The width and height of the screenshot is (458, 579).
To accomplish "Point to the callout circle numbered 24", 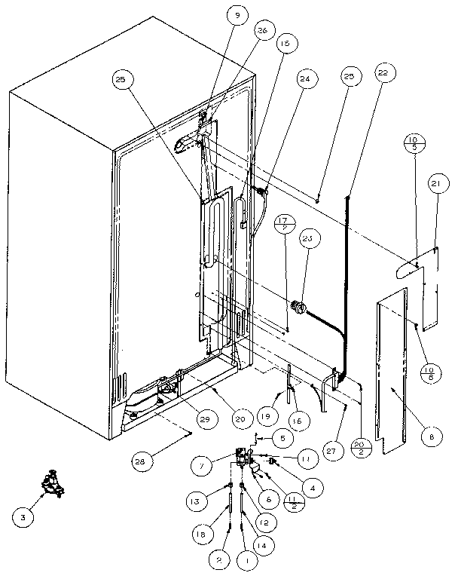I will tap(305, 78).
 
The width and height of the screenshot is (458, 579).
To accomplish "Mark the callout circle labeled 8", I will tap(430, 435).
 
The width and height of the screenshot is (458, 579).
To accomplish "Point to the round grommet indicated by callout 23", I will tap(297, 307).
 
